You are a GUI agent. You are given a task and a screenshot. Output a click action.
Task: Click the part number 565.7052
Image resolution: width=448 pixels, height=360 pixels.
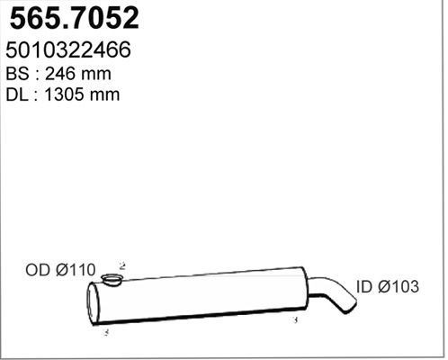(x=75, y=18)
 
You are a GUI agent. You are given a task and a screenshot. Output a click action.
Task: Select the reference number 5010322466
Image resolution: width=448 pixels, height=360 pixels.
(x=68, y=49)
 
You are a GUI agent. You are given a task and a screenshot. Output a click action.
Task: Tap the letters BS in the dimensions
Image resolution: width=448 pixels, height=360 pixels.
(x=17, y=74)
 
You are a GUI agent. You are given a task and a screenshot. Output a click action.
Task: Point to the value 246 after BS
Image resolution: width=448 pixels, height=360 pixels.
(x=61, y=74)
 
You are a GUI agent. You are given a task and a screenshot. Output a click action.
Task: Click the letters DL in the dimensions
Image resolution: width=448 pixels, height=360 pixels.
(x=17, y=94)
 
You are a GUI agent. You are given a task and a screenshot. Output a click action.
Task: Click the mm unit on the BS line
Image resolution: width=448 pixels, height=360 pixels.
(x=96, y=75)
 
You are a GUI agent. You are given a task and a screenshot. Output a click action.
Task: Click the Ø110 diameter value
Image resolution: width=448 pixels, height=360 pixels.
(x=76, y=270)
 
